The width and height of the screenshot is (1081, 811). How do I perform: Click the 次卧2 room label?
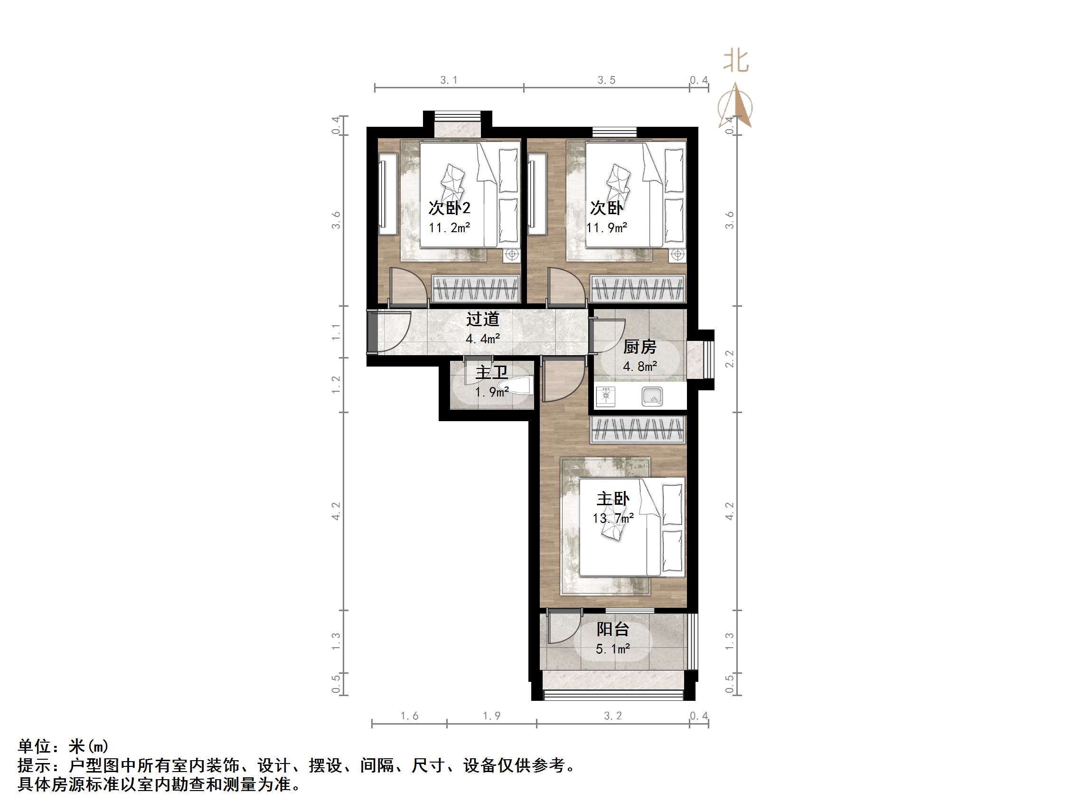449,208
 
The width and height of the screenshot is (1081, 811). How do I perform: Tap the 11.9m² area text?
606,228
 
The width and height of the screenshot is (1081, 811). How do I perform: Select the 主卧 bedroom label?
613,499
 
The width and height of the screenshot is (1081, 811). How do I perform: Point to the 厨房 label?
639,347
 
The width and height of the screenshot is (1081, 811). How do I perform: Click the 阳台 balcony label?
612,630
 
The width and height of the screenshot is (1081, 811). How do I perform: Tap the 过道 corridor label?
482,319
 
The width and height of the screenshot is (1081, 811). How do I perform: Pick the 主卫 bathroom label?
491,373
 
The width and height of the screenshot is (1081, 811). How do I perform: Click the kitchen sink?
652,396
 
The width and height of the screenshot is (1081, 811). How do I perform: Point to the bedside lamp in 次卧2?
512,254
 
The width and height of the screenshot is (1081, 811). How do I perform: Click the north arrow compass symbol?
735,107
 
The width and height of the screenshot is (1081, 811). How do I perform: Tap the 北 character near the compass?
736,62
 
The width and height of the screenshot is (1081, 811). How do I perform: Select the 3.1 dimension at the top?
449,80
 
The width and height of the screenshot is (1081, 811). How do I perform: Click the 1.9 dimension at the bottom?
492,716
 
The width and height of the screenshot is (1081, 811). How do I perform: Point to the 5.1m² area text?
612,649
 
